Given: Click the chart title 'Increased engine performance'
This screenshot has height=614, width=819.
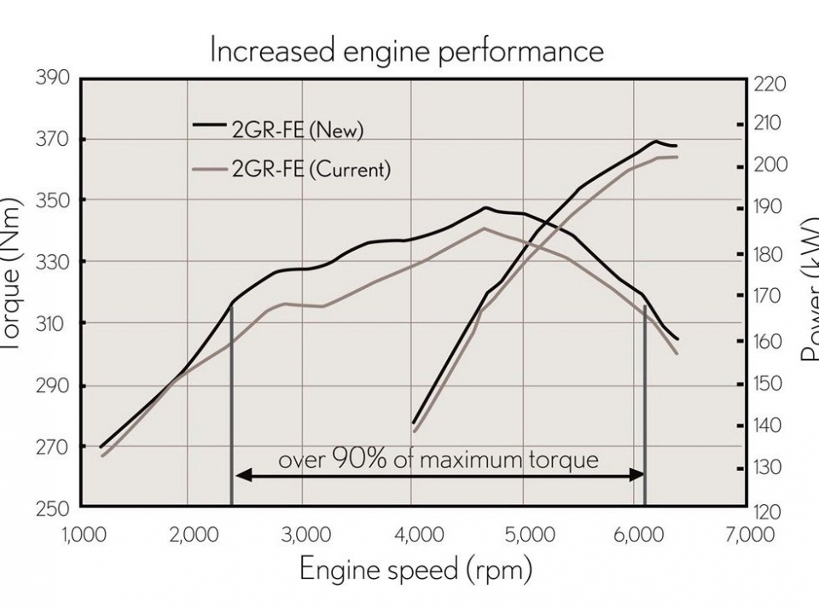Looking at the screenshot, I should [407, 51].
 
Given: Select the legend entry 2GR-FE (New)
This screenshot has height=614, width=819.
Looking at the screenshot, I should [298, 130].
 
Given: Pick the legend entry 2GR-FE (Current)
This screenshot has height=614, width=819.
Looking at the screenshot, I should [311, 169].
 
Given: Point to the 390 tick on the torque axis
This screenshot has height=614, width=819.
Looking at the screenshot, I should [52, 78].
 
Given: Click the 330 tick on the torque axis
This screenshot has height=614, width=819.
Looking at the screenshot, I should [52, 262].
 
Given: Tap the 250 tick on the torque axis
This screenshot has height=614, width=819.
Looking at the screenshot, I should [52, 508].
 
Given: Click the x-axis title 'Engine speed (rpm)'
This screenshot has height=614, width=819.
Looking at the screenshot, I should [415, 569].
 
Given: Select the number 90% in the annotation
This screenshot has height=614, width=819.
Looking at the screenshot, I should [353, 460].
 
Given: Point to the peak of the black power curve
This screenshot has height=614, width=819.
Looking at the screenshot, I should [655, 142].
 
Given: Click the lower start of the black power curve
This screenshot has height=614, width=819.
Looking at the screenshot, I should [413, 422].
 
